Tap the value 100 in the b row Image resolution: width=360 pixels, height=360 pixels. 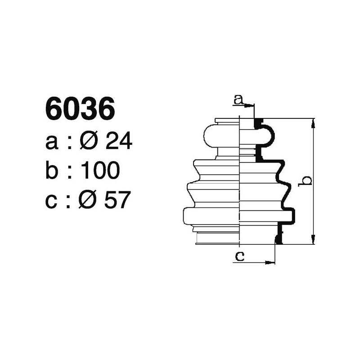101,171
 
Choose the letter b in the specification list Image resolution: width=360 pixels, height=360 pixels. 52,171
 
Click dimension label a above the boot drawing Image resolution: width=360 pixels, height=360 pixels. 239,99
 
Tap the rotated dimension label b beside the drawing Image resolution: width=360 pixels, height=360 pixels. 306,181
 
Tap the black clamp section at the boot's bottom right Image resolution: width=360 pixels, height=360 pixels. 279,236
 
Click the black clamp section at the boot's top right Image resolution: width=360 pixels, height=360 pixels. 258,123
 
